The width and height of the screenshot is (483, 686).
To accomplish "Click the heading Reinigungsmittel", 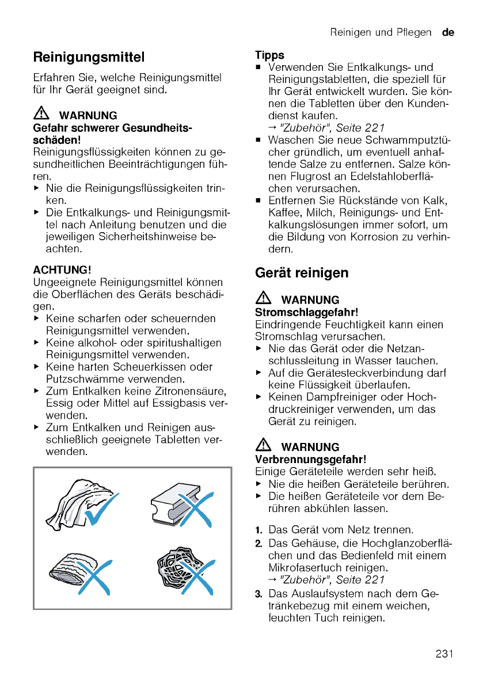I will [89, 58].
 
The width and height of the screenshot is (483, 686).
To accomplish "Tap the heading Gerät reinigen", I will [302, 273].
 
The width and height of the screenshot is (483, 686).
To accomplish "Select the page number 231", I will [444, 653].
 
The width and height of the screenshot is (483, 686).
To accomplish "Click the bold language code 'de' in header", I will [448, 33].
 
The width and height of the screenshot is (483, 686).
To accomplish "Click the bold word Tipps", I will [270, 55].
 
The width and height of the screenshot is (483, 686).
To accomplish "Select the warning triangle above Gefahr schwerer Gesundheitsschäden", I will [42, 115].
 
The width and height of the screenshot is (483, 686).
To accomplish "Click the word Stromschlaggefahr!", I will [306, 312].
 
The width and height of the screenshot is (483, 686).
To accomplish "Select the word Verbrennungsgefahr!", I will [310, 459].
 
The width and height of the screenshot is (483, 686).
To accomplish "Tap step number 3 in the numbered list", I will [259, 594].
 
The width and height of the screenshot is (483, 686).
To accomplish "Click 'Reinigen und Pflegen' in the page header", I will [380, 33].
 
